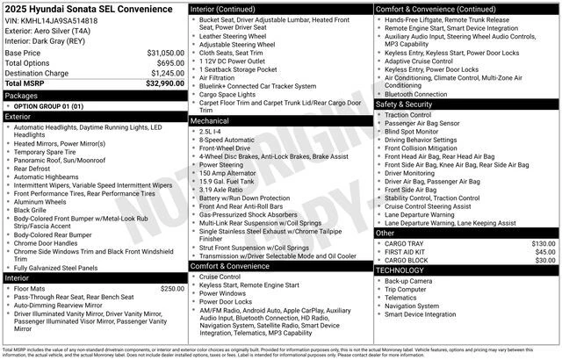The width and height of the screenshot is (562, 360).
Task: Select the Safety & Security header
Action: [x=404, y=104]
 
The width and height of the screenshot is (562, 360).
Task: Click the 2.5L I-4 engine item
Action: [x=211, y=130]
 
